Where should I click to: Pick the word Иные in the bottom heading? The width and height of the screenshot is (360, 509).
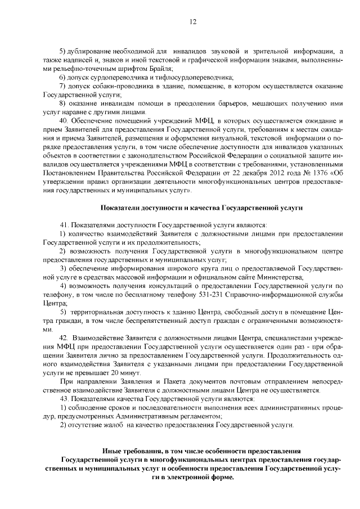tap(112, 451)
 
